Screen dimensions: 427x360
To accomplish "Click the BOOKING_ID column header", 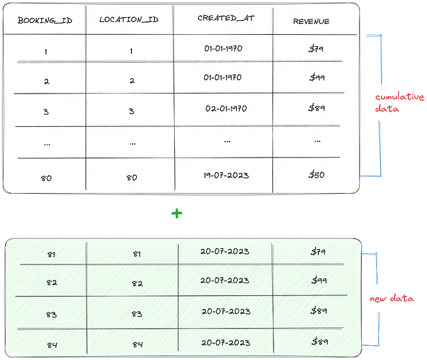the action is [45, 21].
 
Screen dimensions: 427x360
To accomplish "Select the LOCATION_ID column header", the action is [129, 19].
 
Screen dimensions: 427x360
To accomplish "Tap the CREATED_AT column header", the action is [226, 18].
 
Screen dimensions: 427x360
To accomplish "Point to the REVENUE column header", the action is [311, 21].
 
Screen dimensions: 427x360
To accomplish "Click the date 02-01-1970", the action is [226, 108].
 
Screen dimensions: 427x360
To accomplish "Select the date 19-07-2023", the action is [226, 175].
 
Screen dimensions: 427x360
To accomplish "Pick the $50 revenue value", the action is [316, 174].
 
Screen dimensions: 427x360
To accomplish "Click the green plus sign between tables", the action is [177, 213].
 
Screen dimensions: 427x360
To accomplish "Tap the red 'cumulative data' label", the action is [400, 102].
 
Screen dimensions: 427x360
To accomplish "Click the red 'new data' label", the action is [392, 298].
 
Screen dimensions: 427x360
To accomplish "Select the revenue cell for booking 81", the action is [318, 251].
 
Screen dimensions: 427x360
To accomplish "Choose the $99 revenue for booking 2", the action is [317, 77].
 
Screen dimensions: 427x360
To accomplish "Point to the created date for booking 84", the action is [226, 342].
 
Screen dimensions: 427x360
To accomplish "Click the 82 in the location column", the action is [137, 283].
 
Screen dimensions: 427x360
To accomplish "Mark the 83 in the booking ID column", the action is [51, 315].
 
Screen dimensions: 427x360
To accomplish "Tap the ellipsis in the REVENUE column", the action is [318, 142].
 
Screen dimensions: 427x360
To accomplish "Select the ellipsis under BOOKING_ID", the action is [47, 144].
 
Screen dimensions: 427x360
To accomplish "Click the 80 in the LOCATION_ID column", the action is [132, 178].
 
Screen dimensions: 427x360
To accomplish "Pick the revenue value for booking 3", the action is [316, 108].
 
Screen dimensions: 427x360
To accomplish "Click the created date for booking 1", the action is [224, 49].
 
